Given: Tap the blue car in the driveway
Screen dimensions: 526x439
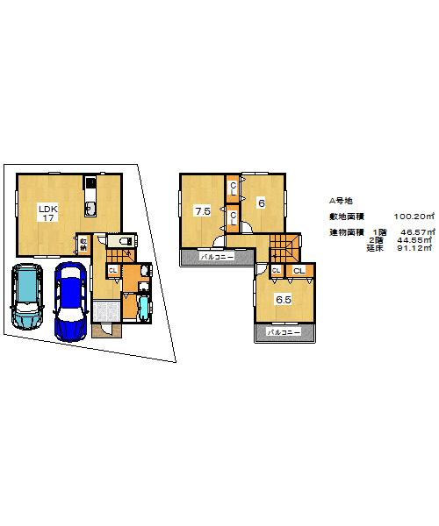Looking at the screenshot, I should tap(68, 302).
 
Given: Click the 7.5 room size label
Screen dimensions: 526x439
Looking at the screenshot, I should tap(202, 210).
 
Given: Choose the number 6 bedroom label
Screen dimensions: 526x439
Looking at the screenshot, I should tap(261, 203).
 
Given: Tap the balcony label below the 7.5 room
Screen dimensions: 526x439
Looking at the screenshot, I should tap(216, 258).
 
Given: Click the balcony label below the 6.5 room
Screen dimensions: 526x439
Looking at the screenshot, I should tap(284, 333).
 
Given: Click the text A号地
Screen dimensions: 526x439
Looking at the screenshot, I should tap(342, 200).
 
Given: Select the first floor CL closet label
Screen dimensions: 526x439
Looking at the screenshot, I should tap(112, 270).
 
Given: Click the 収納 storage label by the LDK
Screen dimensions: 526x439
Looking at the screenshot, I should tap(82, 243).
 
